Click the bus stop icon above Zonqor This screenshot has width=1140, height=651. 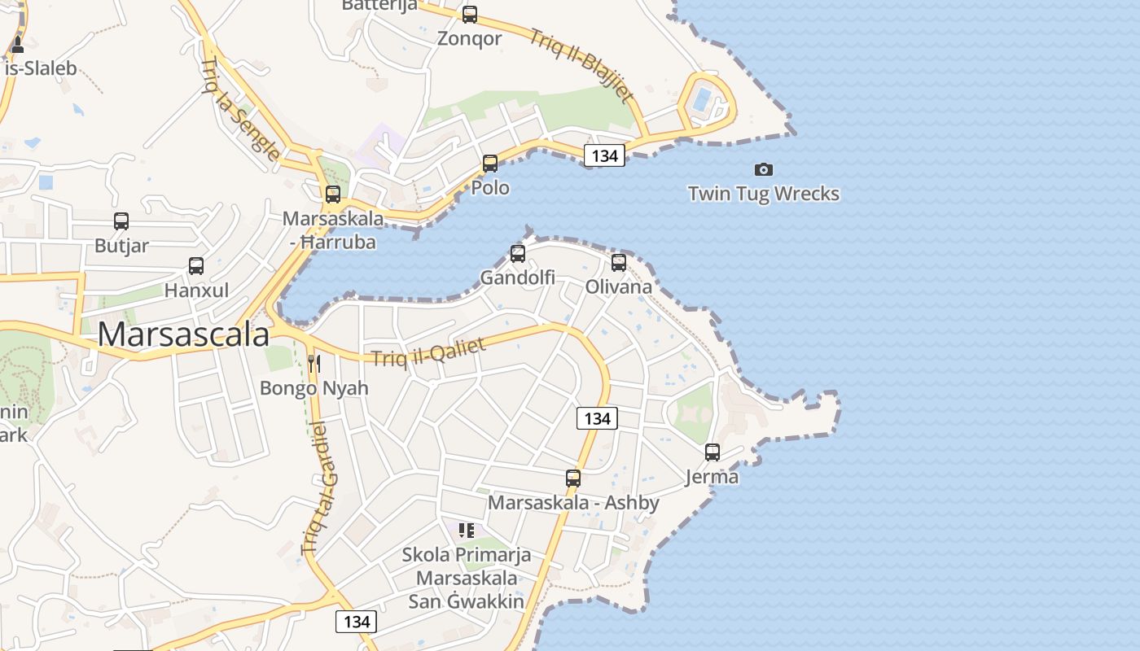[470, 15]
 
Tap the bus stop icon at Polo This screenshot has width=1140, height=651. [490, 164]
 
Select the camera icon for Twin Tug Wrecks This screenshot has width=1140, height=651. [763, 169]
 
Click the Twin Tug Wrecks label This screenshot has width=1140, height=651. [763, 194]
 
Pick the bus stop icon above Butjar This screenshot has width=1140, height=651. [121, 221]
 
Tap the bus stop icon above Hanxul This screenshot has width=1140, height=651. [196, 265]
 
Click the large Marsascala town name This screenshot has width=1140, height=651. [183, 334]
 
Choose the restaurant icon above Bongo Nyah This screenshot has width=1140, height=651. [314, 363]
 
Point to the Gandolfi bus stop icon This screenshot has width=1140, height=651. [518, 253]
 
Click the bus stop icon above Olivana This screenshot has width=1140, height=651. [619, 262]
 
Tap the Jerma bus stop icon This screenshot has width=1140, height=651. [712, 452]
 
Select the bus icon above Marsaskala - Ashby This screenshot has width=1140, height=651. [573, 478]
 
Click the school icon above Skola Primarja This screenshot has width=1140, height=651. [467, 531]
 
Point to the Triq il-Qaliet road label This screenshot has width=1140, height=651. [428, 352]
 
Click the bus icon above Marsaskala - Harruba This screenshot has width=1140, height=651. [333, 194]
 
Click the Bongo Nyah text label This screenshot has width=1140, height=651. [314, 388]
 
